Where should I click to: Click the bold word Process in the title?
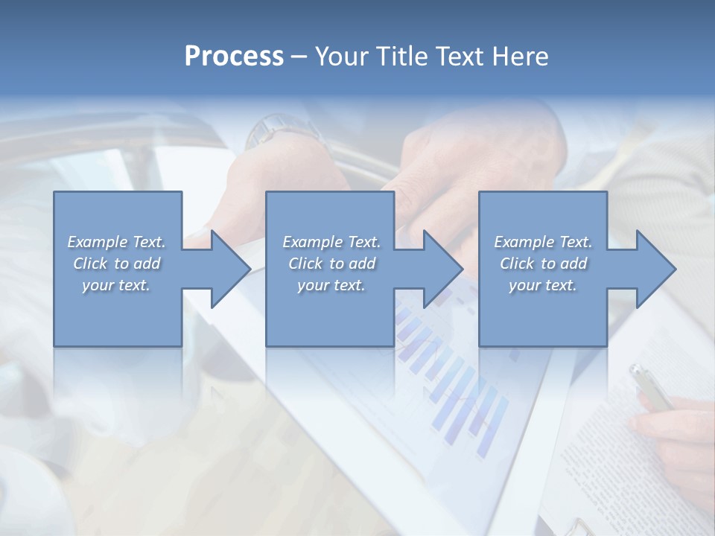point(234,57)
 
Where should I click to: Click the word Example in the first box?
point(98,242)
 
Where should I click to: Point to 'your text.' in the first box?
point(116,285)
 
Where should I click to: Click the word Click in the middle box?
point(305,264)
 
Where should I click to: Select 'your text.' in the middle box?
point(331,285)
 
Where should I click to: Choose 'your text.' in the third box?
point(543,285)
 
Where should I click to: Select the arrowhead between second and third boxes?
point(442,269)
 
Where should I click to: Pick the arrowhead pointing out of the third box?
point(655,269)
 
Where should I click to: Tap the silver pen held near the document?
point(648,386)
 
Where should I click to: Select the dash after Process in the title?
point(299,57)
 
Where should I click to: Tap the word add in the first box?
point(147,264)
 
